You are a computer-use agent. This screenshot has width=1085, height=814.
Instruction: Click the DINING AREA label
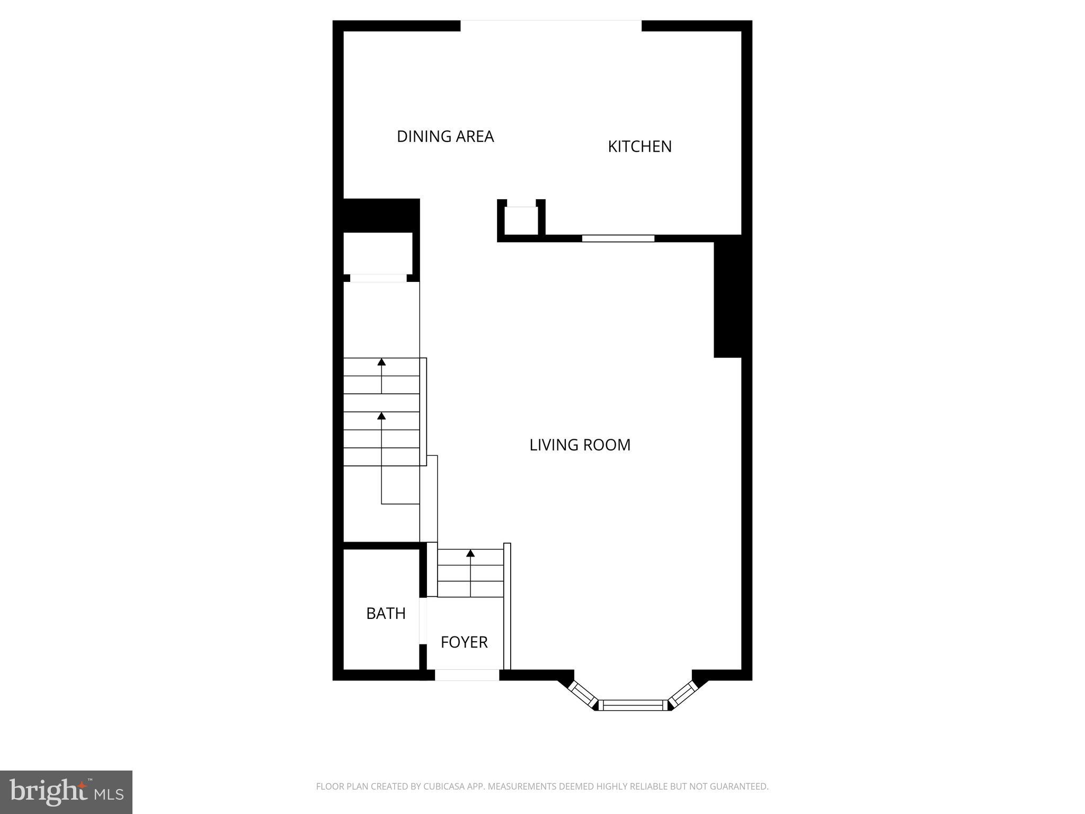(x=445, y=137)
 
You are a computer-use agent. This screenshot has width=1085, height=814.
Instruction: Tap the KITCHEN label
(x=639, y=147)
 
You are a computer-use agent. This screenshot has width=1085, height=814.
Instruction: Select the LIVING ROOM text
(x=580, y=445)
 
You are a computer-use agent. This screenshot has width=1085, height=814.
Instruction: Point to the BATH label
(x=386, y=614)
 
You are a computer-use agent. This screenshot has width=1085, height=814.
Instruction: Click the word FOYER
(x=464, y=642)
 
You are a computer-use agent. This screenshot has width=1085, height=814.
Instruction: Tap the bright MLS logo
(x=66, y=792)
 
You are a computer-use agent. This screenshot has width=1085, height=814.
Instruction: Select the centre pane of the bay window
(x=633, y=705)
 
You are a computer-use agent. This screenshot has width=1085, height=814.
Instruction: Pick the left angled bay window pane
(x=582, y=693)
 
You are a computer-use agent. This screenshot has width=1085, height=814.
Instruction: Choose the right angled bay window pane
(x=683, y=693)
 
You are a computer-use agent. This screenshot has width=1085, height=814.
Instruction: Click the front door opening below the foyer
(x=467, y=675)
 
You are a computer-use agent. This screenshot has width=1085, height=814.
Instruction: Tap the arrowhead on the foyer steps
(x=470, y=554)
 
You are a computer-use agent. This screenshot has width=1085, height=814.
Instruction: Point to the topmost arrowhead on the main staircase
(x=381, y=362)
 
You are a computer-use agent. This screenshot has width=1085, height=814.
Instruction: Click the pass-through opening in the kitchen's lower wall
(x=618, y=238)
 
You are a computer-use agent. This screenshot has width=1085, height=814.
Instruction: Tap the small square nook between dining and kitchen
(x=521, y=220)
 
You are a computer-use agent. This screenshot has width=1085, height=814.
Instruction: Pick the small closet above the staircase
(x=378, y=253)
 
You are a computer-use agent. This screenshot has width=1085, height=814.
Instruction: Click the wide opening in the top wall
(x=551, y=25)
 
